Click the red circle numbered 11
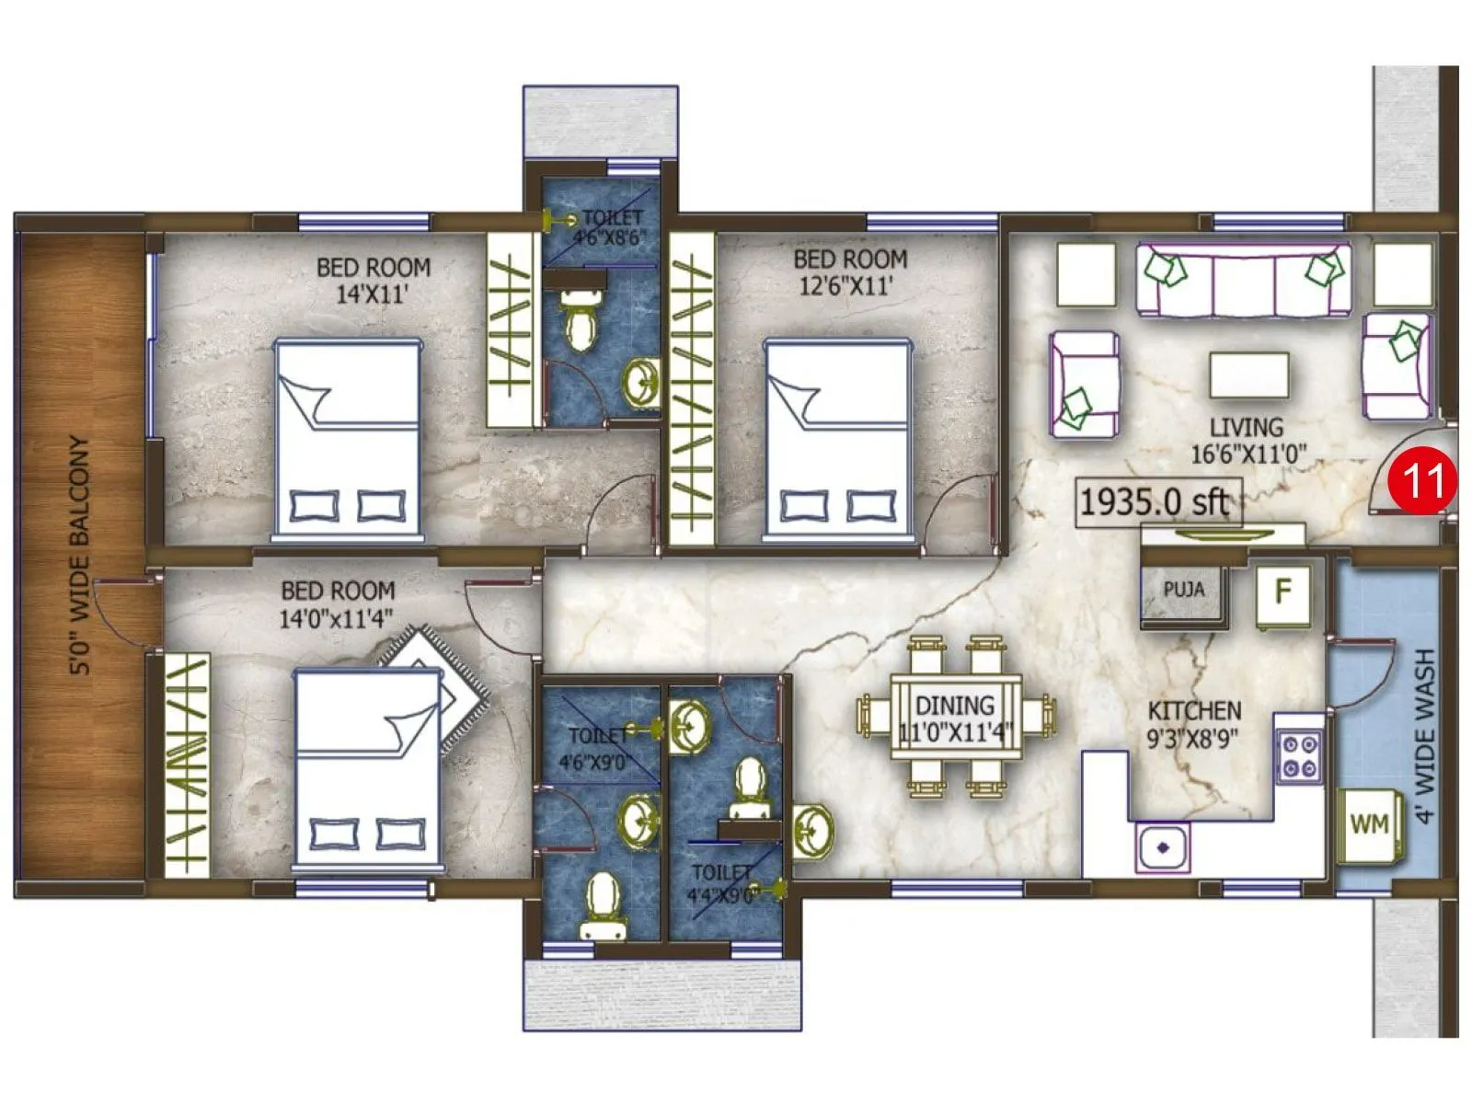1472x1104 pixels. pyautogui.click(x=1422, y=480)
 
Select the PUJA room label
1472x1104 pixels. pyautogui.click(x=1183, y=589)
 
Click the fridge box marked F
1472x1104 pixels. pyautogui.click(x=1282, y=592)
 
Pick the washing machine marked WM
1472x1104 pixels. pyautogui.click(x=1369, y=824)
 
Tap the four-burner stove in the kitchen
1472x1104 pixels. pyautogui.click(x=1298, y=756)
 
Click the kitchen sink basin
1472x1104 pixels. pyautogui.click(x=1163, y=847)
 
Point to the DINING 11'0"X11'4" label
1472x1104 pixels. pyautogui.click(x=955, y=719)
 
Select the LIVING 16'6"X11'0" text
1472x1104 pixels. pyautogui.click(x=1247, y=440)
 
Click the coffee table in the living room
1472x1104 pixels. pyautogui.click(x=1248, y=374)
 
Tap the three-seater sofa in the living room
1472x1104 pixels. pyautogui.click(x=1244, y=281)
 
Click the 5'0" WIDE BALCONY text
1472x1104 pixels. pyautogui.click(x=81, y=556)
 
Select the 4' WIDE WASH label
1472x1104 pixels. pyautogui.click(x=1424, y=736)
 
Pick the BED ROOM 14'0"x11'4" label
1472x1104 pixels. pyautogui.click(x=337, y=604)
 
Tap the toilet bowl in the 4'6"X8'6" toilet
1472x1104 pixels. pyautogui.click(x=580, y=317)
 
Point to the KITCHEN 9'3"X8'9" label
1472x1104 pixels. pyautogui.click(x=1193, y=723)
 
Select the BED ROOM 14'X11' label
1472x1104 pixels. pyautogui.click(x=373, y=280)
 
